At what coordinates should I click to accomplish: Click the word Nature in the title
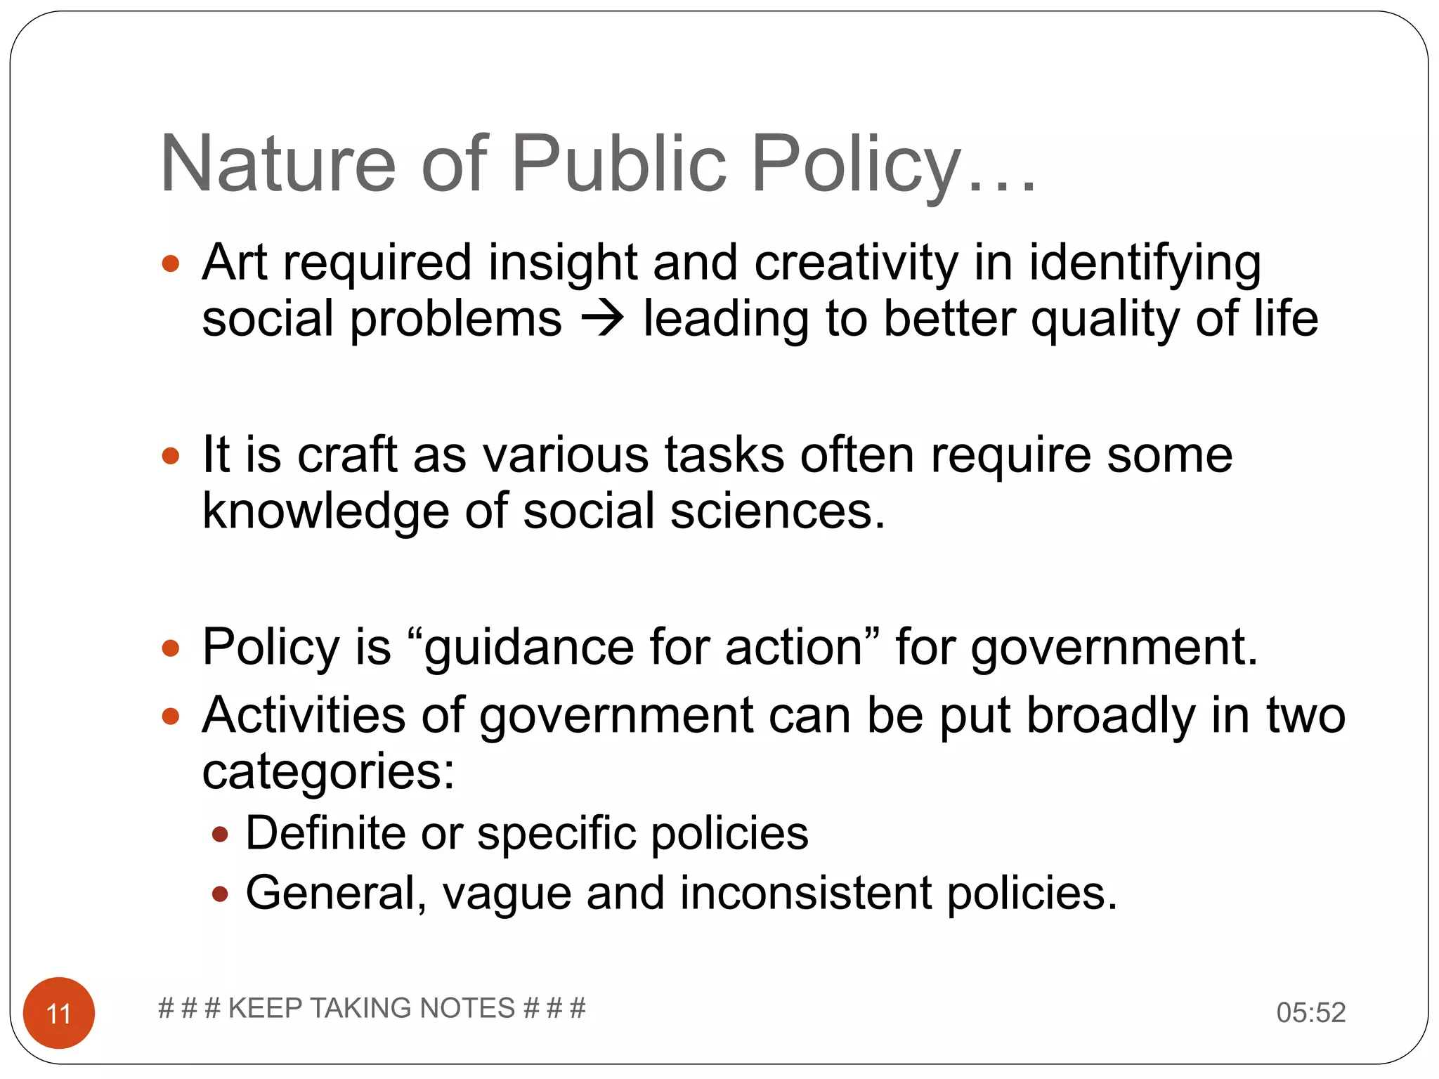[278, 164]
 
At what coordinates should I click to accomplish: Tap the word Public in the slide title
[619, 164]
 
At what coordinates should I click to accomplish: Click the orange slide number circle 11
[59, 1012]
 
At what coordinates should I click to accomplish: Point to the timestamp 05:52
[1310, 1012]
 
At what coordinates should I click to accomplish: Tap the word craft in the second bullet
[348, 455]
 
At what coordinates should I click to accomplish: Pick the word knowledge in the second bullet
[325, 511]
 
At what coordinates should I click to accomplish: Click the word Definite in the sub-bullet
[325, 833]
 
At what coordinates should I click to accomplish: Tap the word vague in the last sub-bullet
[507, 894]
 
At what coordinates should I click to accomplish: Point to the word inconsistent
[806, 894]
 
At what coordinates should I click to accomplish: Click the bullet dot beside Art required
[171, 264]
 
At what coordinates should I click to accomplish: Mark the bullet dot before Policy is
[171, 648]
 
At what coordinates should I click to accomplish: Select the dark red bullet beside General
[220, 894]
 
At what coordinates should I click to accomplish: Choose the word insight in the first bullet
[562, 263]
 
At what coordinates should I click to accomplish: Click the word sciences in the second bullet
[777, 511]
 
